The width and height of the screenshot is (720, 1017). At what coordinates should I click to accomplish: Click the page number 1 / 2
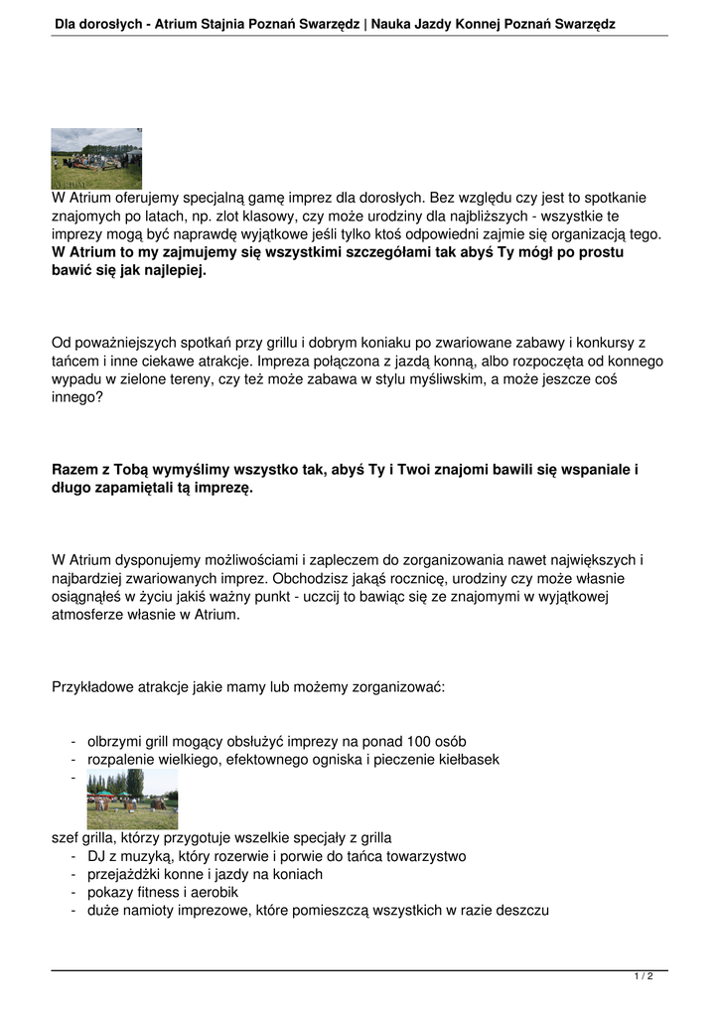pyautogui.click(x=644, y=977)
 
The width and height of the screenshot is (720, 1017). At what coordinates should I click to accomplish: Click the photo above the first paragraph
pyautogui.click(x=96, y=159)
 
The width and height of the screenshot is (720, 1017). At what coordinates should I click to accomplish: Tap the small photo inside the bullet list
pyautogui.click(x=132, y=799)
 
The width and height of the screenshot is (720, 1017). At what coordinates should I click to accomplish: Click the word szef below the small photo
pyautogui.click(x=65, y=838)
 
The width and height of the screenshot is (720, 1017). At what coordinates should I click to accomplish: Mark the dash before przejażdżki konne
pyautogui.click(x=73, y=874)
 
